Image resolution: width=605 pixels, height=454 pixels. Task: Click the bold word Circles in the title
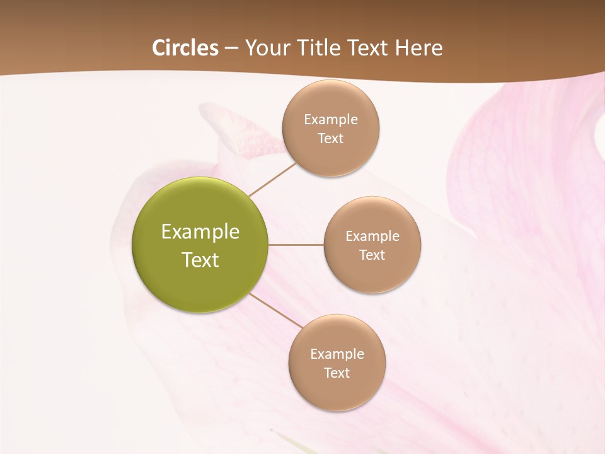click(185, 48)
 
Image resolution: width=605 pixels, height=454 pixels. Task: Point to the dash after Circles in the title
click(231, 49)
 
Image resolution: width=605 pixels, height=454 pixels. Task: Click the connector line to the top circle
click(272, 178)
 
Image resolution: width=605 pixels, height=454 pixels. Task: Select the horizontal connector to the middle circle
click(296, 245)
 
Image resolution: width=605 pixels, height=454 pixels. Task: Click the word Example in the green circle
click(200, 232)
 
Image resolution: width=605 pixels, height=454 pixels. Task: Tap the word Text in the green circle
click(200, 260)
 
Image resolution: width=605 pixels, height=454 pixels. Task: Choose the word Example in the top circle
click(331, 119)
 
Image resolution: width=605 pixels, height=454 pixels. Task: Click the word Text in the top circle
click(330, 138)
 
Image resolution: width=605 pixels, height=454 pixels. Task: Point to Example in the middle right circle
click(372, 236)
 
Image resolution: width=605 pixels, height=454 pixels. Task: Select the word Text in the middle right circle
click(372, 255)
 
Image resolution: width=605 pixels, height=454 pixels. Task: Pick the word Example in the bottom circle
click(337, 354)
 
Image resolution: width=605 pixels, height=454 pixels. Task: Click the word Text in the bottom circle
click(337, 373)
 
